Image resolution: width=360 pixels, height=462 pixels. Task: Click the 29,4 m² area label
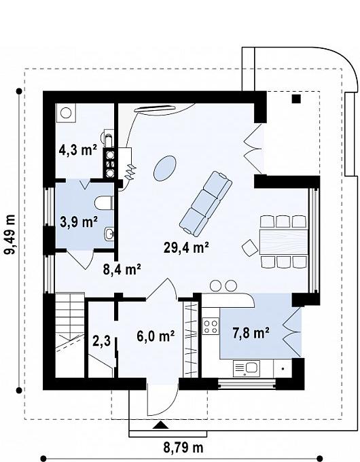[x=186, y=247]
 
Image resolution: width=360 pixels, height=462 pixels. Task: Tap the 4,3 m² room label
[x=78, y=150]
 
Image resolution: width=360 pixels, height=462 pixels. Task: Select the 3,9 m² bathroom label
[x=79, y=221]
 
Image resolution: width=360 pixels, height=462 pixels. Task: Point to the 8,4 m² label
[x=122, y=269]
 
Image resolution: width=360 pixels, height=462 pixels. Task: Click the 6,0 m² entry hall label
[x=156, y=336]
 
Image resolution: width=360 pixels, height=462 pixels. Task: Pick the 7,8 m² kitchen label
[x=251, y=333]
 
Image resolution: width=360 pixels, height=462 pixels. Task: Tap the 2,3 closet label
[x=101, y=341]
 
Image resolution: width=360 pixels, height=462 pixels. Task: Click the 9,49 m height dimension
[x=11, y=234]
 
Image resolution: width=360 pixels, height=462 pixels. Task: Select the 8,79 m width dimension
[x=183, y=448]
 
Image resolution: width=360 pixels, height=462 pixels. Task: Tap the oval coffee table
[x=165, y=168]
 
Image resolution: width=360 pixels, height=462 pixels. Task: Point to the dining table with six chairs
[x=283, y=242]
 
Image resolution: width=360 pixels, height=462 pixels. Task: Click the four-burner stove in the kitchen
[x=211, y=326]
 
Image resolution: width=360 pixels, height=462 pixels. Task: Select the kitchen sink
[x=247, y=368]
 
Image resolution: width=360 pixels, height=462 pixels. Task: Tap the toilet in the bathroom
[x=104, y=202]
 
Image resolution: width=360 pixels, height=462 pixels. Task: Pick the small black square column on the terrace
[x=296, y=99]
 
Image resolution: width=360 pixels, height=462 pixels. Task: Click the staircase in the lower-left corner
[x=70, y=335]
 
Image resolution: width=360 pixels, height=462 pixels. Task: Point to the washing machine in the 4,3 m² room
[x=66, y=113]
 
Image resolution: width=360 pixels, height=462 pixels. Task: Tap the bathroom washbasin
[x=109, y=234]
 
